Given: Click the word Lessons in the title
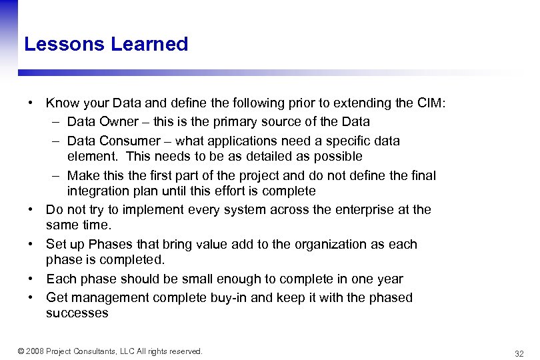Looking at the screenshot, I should point(65,45).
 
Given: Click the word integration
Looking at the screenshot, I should point(98,191).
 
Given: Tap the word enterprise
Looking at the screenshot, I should point(353,210).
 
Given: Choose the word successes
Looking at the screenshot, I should point(77,313).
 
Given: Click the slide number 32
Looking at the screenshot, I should point(519,353).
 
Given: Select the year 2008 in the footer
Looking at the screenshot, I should point(37,351).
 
